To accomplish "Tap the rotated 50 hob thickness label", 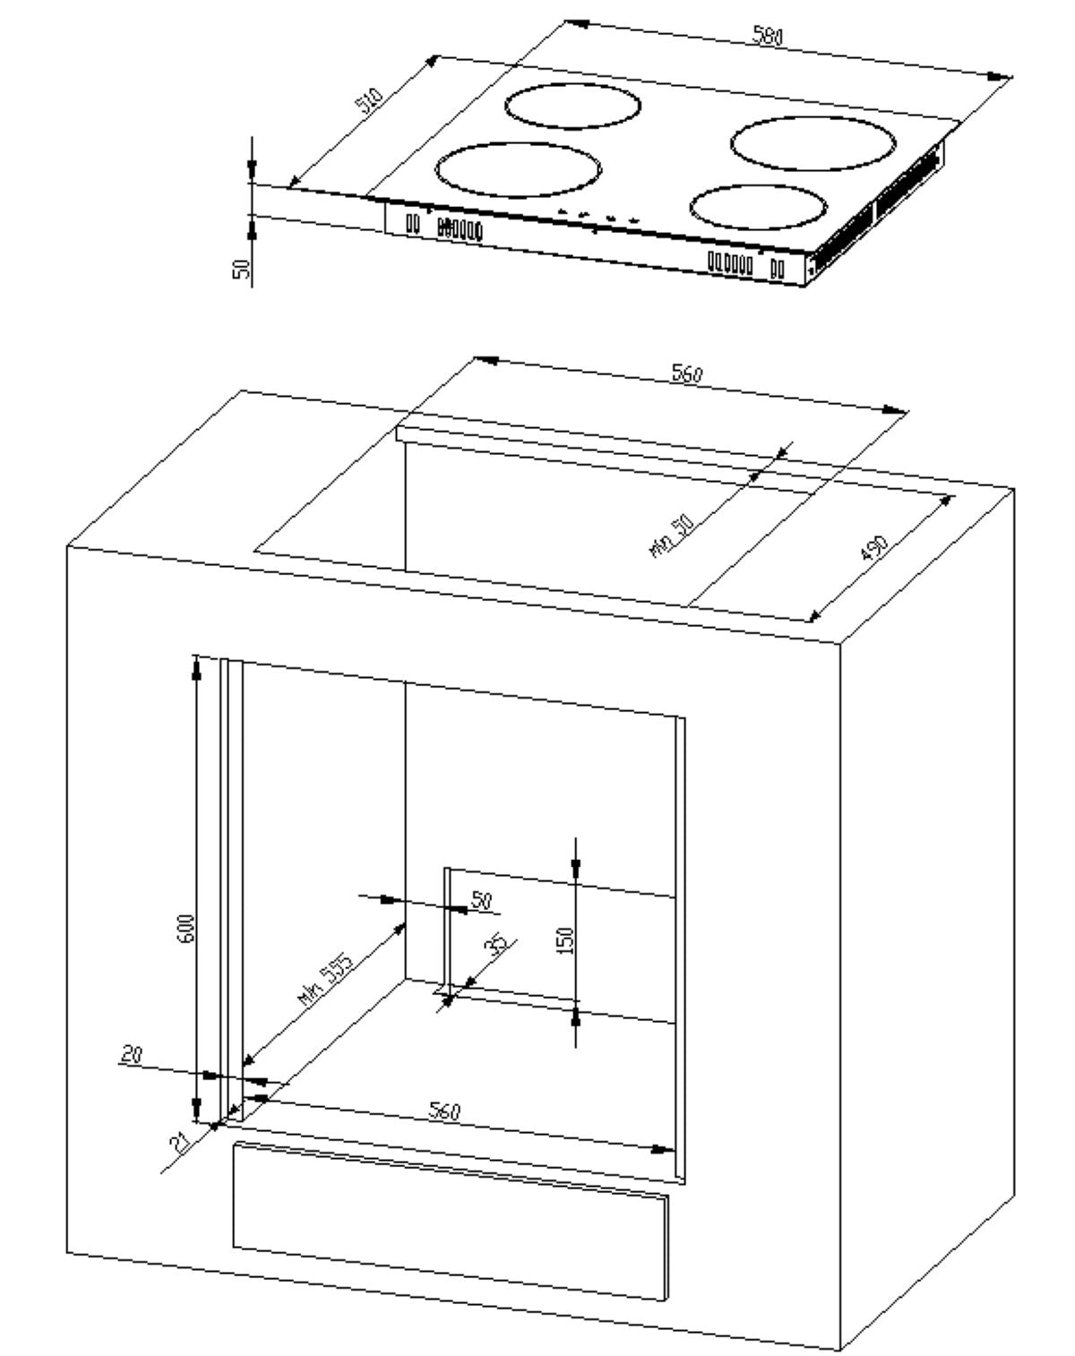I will (241, 268).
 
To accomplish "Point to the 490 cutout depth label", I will (873, 548).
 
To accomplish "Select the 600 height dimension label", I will (185, 932).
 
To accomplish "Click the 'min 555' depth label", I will (326, 982).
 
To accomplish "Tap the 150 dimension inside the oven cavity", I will (565, 940).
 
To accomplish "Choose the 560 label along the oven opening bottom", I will (443, 1111).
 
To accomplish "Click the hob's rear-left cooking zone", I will (573, 106).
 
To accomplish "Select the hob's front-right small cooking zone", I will (758, 208).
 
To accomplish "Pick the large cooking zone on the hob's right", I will (813, 143).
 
